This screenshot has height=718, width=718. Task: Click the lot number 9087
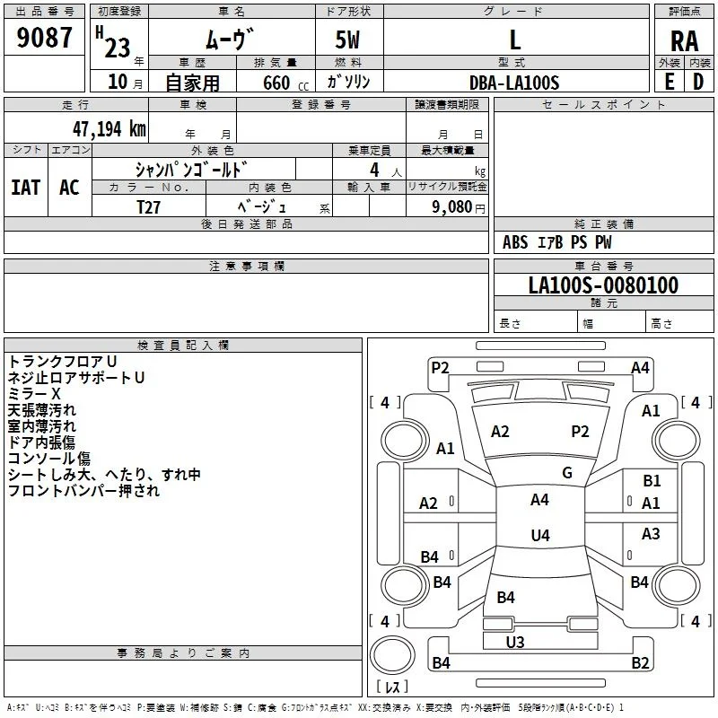point(44,38)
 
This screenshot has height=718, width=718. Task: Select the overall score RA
point(684,41)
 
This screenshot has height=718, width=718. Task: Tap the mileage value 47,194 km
point(109,129)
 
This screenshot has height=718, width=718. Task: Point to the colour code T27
point(148,207)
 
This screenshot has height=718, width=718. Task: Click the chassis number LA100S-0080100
point(603,285)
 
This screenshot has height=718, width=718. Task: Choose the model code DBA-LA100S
point(514,83)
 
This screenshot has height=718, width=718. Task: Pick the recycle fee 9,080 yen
point(459,207)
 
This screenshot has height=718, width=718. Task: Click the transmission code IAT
point(26,188)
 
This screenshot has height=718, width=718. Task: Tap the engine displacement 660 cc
point(285,83)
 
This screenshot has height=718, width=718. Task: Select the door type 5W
point(347,39)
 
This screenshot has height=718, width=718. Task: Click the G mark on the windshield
point(567,473)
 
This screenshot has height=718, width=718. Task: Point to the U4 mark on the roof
point(540,535)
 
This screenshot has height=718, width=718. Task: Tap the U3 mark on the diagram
point(515,643)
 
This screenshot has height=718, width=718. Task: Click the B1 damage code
point(652,481)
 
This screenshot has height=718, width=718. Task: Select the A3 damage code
point(651,533)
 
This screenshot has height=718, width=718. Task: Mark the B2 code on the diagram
point(640,662)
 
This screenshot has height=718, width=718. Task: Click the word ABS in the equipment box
point(515,242)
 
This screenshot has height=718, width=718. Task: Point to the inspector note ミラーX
point(34,394)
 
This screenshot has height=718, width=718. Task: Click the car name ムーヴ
point(230,39)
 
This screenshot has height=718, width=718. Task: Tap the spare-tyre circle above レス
point(392,655)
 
